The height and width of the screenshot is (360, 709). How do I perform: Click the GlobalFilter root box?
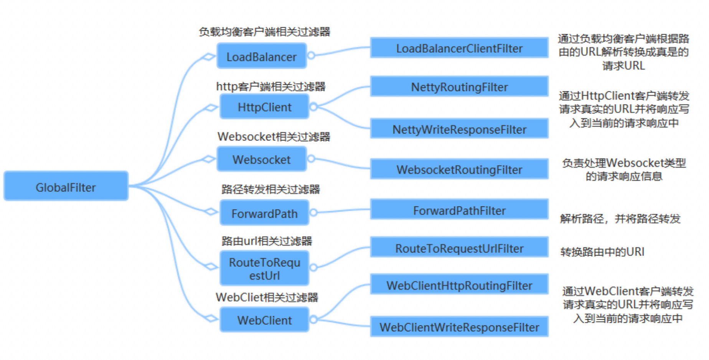click(x=66, y=186)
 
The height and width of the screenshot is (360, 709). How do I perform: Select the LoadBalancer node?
click(x=262, y=56)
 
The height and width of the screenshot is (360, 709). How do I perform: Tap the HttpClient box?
click(x=264, y=107)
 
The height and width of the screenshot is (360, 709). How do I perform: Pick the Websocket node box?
click(x=262, y=159)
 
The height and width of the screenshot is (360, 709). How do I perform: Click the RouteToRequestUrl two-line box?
click(x=264, y=268)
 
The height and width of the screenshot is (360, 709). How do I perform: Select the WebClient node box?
click(x=264, y=320)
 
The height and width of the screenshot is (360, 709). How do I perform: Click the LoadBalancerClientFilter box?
click(x=459, y=48)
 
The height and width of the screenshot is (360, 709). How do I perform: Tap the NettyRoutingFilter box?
click(x=459, y=87)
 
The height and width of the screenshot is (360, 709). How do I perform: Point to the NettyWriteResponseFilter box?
click(x=459, y=129)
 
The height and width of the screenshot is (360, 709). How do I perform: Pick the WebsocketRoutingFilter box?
click(x=459, y=169)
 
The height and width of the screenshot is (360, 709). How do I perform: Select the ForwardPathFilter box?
click(x=459, y=210)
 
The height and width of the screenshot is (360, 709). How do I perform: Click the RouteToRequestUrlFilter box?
click(x=459, y=248)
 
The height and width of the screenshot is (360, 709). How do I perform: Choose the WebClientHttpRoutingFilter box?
click(x=459, y=285)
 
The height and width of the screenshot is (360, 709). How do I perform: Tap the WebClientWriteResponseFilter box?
click(x=459, y=327)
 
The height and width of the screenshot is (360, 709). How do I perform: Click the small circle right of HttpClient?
click(x=313, y=107)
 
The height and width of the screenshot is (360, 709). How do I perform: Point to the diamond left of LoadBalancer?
click(x=209, y=57)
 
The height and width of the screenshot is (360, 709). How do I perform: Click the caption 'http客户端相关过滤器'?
click(x=271, y=86)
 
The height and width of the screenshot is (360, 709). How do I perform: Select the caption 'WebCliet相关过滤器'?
click(x=267, y=297)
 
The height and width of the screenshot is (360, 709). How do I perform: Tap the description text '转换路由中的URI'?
click(x=602, y=252)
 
